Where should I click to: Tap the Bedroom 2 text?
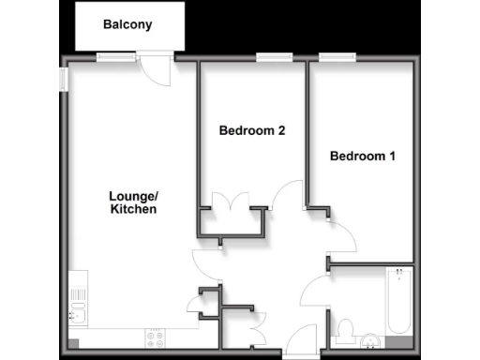(251, 131)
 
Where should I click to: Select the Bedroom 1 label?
(362, 157)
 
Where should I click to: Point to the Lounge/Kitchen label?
(132, 202)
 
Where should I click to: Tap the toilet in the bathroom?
(344, 329)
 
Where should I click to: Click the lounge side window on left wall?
(64, 80)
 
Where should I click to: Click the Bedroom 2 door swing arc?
(284, 195)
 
